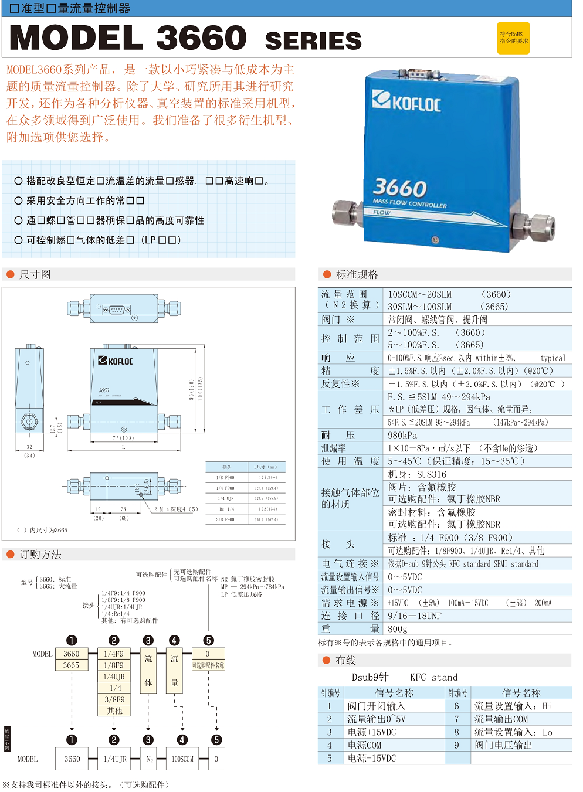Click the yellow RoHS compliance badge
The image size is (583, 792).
coord(513,38)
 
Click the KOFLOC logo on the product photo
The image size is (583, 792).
coord(406,102)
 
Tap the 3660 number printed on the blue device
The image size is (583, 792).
coord(399,188)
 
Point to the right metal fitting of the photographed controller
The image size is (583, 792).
coord(532,224)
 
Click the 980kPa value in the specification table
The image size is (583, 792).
coord(402,435)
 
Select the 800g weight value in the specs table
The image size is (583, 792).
coord(398,629)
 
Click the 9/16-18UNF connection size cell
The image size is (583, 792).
coord(415,616)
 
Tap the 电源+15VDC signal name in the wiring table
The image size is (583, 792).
coord(371,732)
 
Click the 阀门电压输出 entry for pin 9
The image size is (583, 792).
coord(503,745)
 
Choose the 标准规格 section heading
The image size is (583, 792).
coord(357,274)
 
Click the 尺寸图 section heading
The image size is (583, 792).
coord(35,274)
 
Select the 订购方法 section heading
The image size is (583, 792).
coord(40,555)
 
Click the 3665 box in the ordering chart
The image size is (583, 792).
coord(71,665)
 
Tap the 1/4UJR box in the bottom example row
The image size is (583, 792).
coord(115,759)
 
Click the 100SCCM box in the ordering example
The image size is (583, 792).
coord(182,759)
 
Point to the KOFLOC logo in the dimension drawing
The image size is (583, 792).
coord(116,361)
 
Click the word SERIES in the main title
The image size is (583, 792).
coord(313,41)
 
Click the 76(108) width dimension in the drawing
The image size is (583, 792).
coord(123,438)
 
